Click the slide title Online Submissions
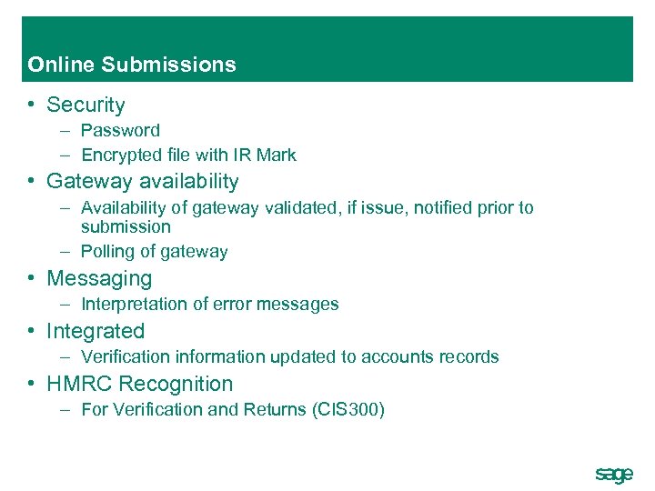pos(132,65)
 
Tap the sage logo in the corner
pos(613,474)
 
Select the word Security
pos(86,105)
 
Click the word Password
pos(120,130)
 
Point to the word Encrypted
pos(123,155)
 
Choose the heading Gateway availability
pos(142,182)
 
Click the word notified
pos(446,207)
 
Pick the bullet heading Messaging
pos(99,278)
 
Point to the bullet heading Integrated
pos(96,331)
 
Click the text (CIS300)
pos(348,409)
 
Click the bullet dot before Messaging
pos(32,278)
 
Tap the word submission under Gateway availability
pos(126,226)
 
